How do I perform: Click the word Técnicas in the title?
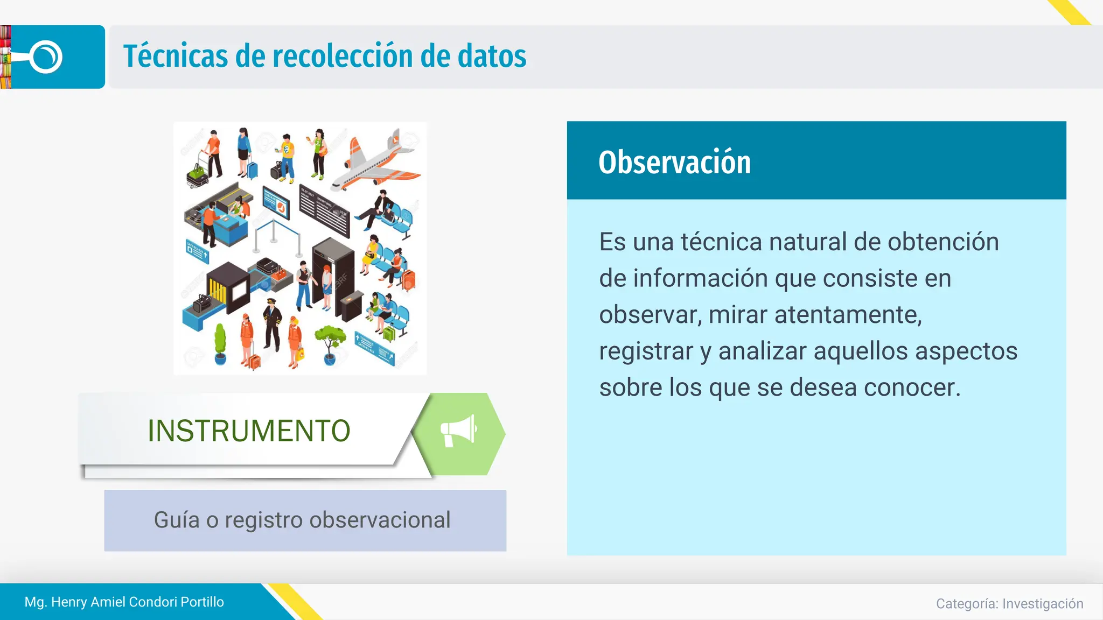pos(176,57)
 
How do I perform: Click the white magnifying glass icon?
pos(45,57)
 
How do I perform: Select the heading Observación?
pos(674,162)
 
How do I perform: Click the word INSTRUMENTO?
pos(249,431)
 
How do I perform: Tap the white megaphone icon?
pos(458,431)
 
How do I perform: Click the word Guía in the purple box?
pos(176,520)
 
